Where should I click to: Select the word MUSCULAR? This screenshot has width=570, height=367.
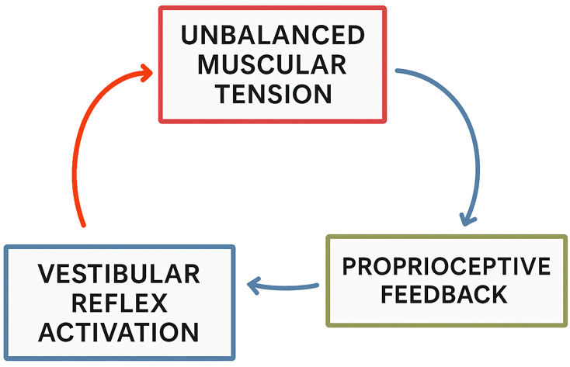point(271,64)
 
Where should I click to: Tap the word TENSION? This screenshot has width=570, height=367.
point(271,94)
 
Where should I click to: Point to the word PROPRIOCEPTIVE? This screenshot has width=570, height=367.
point(447,267)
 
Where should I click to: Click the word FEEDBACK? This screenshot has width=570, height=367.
point(447,295)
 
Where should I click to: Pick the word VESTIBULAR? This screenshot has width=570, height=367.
point(119,275)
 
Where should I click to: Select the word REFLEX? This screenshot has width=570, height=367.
point(119,303)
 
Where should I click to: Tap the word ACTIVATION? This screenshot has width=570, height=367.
point(119,332)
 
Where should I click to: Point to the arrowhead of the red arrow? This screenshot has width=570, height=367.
point(145,74)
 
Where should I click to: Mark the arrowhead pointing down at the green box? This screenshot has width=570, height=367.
point(467,217)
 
